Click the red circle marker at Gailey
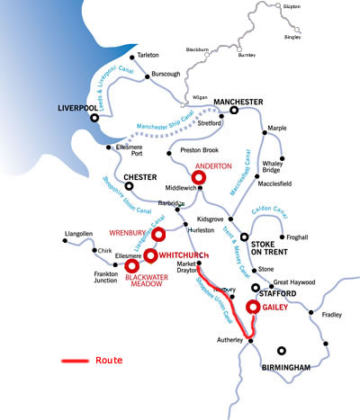(254, 307)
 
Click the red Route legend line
(75, 362)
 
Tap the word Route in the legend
(108, 361)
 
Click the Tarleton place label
(148, 55)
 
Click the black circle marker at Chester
(128, 187)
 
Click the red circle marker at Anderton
(199, 178)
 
